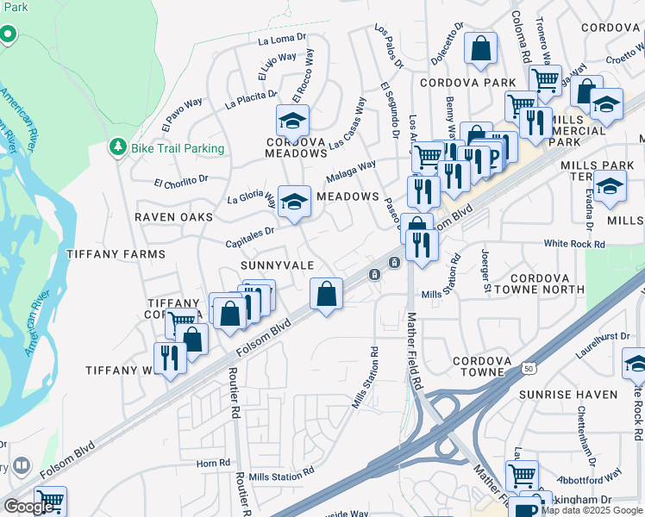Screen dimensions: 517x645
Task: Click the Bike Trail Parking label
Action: point(178,148)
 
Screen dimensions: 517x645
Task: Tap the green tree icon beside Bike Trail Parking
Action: point(117,148)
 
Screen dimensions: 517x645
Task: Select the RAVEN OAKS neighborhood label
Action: point(173,217)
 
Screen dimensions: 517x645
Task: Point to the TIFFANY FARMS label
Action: point(116,254)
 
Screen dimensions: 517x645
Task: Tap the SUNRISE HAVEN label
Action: point(568,394)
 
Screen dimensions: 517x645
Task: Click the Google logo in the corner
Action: point(28,507)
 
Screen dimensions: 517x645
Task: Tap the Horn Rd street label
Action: point(213,463)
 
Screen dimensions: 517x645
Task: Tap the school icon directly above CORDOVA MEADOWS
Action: point(292,120)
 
